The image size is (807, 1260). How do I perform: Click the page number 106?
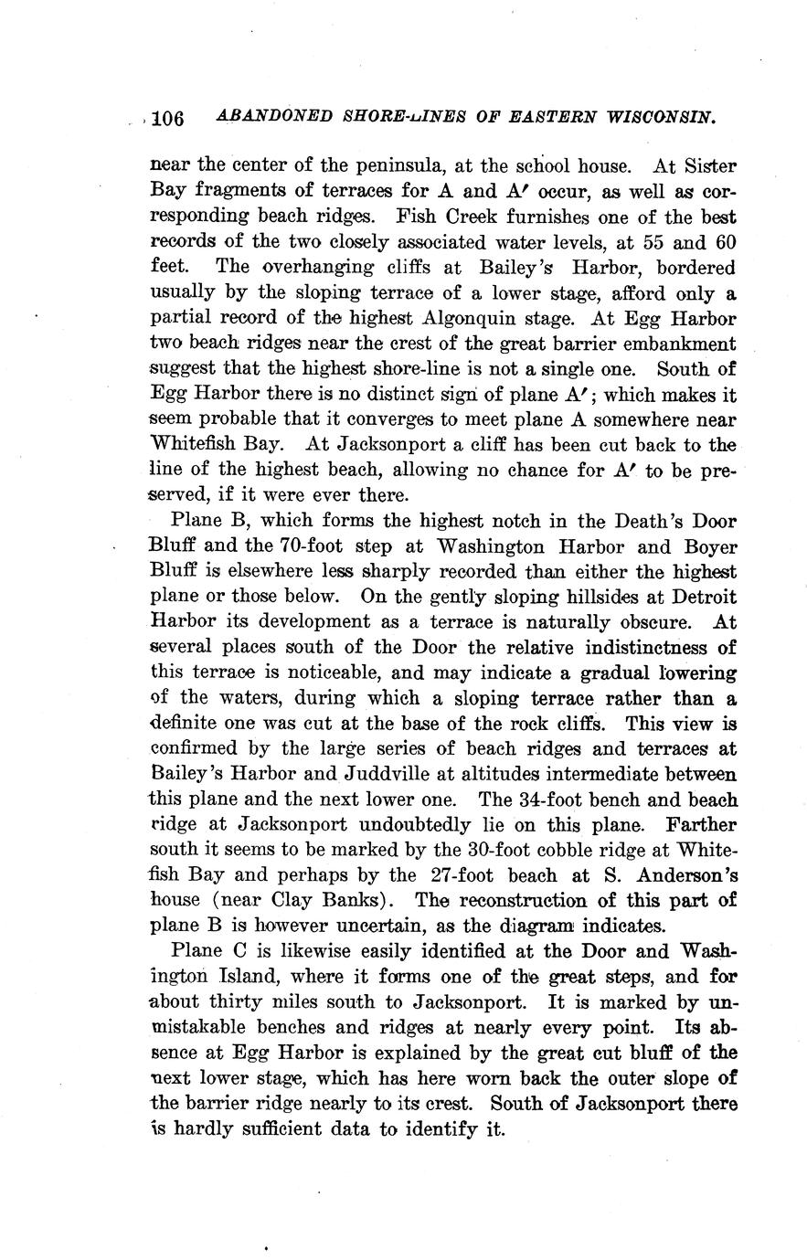(x=169, y=119)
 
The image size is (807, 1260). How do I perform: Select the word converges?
(x=376, y=420)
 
